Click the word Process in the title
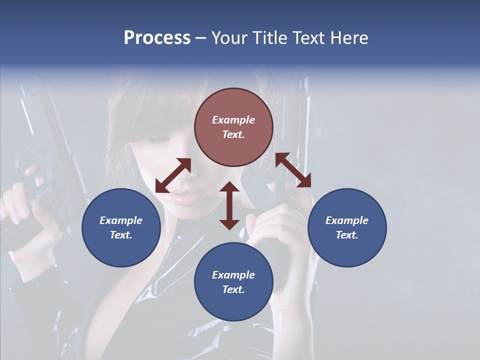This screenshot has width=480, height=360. click(157, 38)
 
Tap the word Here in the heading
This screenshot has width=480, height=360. click(348, 38)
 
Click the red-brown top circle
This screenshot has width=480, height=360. click(233, 127)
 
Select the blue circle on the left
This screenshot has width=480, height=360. click(121, 227)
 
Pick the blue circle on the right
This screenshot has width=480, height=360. click(346, 227)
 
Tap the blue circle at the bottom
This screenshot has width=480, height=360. click(233, 281)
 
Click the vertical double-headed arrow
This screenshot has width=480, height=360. click(229, 205)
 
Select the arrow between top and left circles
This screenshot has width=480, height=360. click(173, 175)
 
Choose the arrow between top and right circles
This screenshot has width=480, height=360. click(293, 170)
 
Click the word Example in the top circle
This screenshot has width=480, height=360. click(233, 120)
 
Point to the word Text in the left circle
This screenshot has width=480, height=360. click(121, 235)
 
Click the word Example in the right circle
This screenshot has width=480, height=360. click(346, 220)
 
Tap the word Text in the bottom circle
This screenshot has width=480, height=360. click(233, 289)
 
